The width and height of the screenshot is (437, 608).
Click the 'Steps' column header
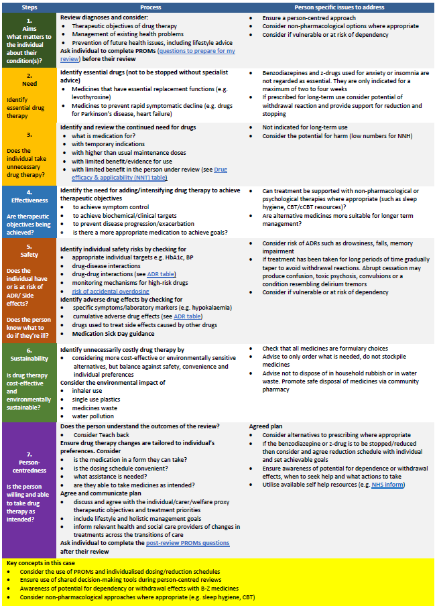tap(29, 6)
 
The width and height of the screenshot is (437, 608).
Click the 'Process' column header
tap(149, 6)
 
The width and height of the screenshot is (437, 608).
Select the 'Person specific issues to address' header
tap(340, 6)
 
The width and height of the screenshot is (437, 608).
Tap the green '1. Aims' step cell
tap(29, 40)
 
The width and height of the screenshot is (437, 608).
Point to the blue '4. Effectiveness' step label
tap(29, 200)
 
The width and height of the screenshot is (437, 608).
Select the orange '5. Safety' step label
tap(29, 255)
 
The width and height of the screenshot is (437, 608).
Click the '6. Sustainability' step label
tap(29, 351)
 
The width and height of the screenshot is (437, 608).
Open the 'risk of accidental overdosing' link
tap(110, 291)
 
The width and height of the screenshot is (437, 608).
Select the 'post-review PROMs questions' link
tap(187, 543)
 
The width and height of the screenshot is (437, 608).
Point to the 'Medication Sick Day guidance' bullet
tap(113, 334)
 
